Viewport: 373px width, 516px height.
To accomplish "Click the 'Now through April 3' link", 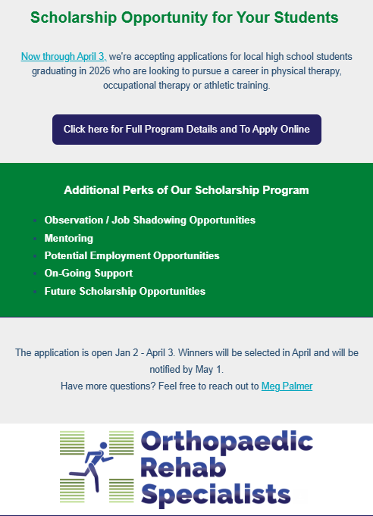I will coord(64,56).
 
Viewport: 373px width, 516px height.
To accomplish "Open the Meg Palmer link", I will coord(287,386).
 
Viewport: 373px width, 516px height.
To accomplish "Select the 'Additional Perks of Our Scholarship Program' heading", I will coord(186,190).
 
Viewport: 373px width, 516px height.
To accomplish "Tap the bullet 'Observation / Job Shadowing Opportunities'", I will coord(150,220).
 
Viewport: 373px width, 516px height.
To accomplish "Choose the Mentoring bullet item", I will coord(69,238).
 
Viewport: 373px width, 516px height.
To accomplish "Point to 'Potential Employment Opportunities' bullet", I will coord(132,256).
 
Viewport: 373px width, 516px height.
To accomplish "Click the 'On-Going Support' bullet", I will coord(89,274).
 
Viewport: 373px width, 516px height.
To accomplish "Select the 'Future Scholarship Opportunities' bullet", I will coord(125,291).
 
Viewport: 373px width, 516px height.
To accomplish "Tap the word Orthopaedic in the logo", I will coord(227,443).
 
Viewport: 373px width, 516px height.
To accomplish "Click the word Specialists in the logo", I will coord(216,495).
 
